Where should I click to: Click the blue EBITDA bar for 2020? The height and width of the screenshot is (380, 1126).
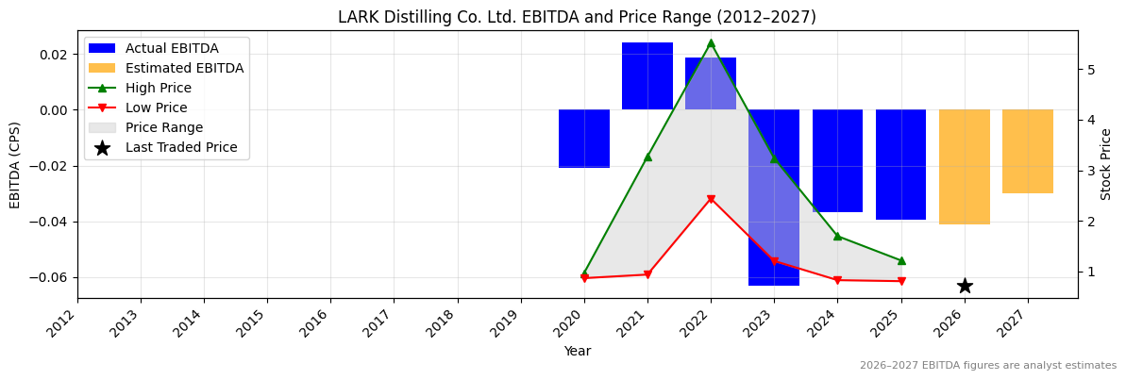583,139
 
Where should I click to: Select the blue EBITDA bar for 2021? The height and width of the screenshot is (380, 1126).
647,75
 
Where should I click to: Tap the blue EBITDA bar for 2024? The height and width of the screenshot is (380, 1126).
837,160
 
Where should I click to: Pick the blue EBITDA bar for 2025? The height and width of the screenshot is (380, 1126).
900,164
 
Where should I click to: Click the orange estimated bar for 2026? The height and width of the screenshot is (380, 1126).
964,167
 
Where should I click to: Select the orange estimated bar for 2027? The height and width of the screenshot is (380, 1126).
1027,151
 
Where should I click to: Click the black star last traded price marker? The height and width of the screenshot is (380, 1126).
965,286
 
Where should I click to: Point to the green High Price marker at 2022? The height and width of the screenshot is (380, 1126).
711,43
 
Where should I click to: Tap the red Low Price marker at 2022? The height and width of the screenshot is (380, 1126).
711,199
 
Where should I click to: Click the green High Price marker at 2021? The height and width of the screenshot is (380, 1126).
647,157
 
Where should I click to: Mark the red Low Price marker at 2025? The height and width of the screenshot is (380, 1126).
901,281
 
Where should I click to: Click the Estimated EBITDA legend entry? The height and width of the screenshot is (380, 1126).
184,68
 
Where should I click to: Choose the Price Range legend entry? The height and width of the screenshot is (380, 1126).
163,127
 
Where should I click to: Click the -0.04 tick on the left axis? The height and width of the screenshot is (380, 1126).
53,222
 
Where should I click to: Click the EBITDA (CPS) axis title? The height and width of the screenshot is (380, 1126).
15,164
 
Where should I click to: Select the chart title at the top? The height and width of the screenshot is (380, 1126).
577,17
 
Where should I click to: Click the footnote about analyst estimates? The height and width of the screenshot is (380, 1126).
987,366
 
